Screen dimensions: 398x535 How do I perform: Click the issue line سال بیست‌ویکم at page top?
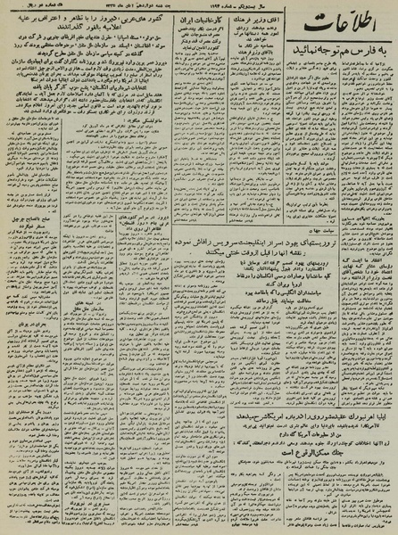[290, 5]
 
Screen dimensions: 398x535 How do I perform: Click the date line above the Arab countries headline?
[135, 6]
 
